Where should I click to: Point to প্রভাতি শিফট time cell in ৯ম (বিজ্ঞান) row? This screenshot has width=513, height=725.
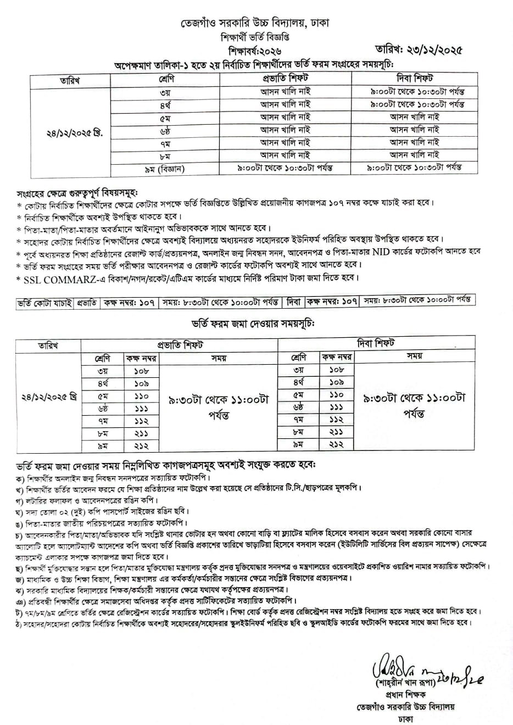tap(285, 168)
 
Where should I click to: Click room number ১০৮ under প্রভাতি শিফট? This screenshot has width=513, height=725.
tap(141, 371)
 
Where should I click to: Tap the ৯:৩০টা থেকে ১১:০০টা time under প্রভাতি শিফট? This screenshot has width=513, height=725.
tap(219, 400)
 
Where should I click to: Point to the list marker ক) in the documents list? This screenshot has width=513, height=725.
tap(20, 477)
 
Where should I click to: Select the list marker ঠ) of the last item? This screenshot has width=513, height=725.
tap(20, 622)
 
